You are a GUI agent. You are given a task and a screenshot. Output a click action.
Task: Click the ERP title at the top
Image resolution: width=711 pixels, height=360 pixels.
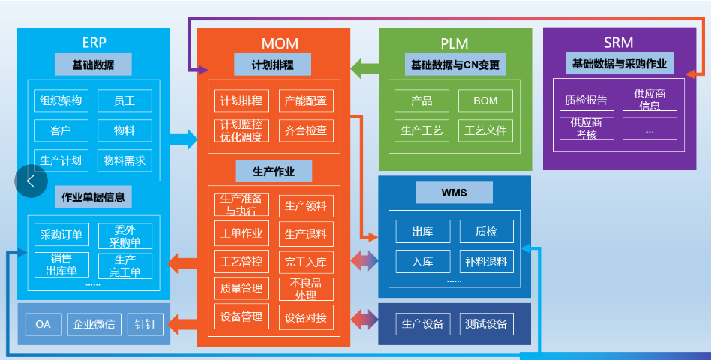(x=94, y=41)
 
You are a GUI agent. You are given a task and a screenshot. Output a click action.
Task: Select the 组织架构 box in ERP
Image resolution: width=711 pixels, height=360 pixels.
(x=61, y=100)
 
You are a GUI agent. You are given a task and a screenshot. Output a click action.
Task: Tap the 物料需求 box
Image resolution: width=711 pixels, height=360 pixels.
(x=124, y=160)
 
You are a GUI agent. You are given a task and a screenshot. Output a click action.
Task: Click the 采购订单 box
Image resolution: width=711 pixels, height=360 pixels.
(x=62, y=235)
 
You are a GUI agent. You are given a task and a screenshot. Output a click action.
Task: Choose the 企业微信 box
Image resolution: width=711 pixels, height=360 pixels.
(x=94, y=324)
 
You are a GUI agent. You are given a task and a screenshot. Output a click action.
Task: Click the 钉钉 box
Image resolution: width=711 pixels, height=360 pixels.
(x=145, y=324)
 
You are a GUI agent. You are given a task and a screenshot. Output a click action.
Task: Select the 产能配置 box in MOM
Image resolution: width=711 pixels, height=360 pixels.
(x=306, y=100)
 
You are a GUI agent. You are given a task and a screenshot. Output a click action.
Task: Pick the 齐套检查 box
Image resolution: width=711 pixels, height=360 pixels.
(x=306, y=130)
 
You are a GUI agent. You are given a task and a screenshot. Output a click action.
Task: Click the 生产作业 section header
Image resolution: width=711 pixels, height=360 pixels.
(x=274, y=172)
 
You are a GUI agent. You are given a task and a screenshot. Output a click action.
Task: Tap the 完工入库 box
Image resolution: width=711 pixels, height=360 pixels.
(x=306, y=262)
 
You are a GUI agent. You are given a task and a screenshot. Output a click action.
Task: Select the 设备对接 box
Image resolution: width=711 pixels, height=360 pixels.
(x=306, y=317)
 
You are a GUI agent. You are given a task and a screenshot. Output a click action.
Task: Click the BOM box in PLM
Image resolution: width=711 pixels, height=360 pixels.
(x=485, y=100)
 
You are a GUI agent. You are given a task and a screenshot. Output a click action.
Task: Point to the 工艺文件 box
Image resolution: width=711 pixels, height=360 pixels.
(x=485, y=130)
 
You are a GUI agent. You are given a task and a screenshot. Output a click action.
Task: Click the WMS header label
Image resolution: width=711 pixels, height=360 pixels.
(x=454, y=193)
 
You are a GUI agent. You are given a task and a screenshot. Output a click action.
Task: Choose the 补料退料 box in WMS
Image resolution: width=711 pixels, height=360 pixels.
(x=486, y=262)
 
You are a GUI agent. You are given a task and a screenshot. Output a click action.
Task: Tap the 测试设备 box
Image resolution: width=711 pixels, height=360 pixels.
(x=486, y=324)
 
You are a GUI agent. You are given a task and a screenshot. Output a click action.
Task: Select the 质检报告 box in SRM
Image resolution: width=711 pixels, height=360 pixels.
(x=586, y=99)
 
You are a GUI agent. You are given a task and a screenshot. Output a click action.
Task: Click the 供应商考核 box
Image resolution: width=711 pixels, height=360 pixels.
(x=586, y=128)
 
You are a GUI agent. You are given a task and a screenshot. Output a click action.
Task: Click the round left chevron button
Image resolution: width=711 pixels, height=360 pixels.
(x=31, y=181)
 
